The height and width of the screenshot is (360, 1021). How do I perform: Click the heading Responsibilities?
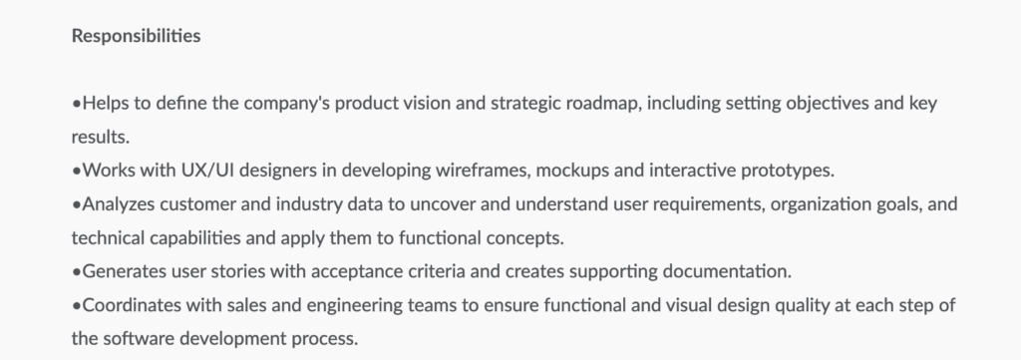coord(137,37)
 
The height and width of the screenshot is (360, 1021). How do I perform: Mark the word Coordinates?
coord(129,306)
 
